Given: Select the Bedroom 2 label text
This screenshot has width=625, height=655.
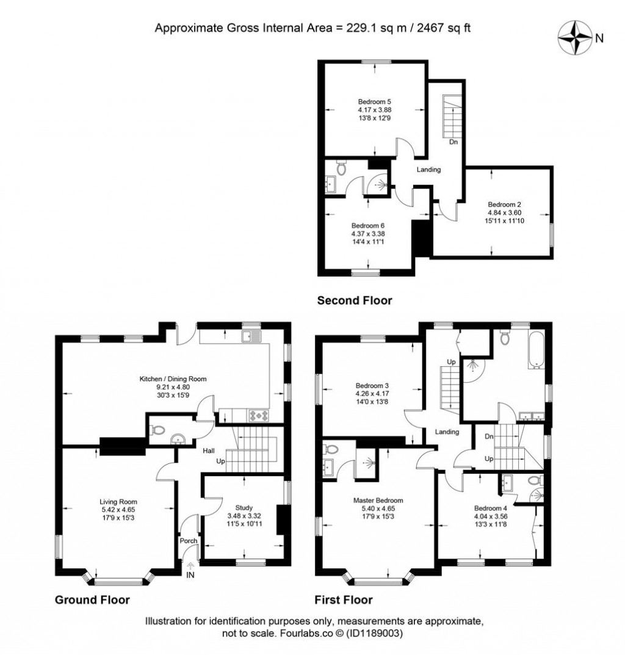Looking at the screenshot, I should [504, 204].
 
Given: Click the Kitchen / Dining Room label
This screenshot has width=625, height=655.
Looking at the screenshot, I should [173, 379].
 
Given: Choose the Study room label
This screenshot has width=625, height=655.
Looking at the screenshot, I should [244, 507].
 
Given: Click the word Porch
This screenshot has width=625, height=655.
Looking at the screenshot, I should [188, 541].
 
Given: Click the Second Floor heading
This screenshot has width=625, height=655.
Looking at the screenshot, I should [354, 300].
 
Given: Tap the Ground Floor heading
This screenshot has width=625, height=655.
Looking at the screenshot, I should [92, 599].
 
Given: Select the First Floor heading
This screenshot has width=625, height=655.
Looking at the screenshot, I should [343, 599].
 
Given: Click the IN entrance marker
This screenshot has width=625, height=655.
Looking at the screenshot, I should [191, 575].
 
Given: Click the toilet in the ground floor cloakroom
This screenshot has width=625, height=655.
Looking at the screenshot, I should [157, 430].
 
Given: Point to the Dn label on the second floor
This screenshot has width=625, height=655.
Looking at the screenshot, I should [453, 142].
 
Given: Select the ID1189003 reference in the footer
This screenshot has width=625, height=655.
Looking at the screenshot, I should [374, 634].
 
